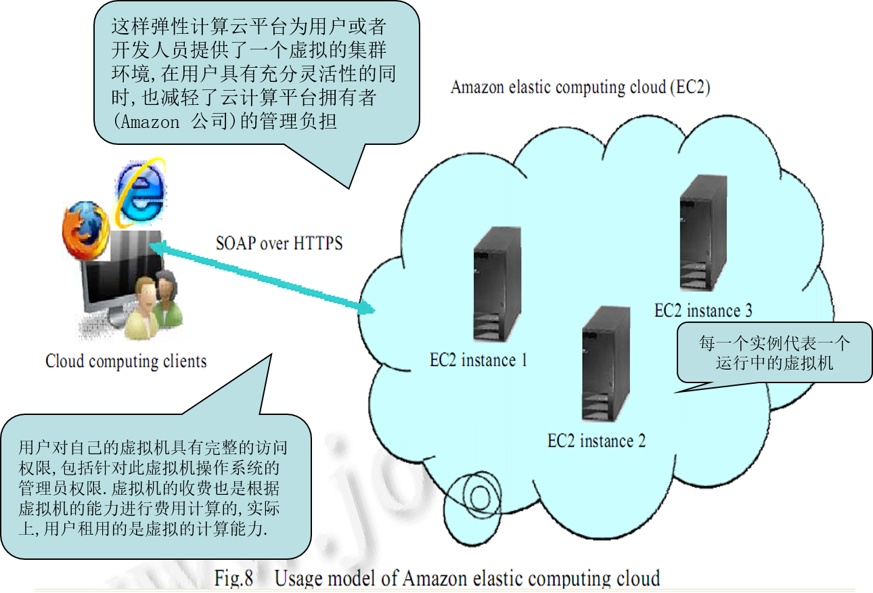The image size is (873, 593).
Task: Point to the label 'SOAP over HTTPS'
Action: (x=279, y=243)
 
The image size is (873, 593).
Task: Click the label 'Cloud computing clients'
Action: (x=126, y=361)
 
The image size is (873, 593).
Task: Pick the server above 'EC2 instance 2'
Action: (x=606, y=366)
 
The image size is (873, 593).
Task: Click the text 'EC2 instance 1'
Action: (x=478, y=360)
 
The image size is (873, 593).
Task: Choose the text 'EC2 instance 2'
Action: (x=596, y=441)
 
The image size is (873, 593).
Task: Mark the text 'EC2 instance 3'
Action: (x=703, y=311)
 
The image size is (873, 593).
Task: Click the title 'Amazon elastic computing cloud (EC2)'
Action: (x=580, y=87)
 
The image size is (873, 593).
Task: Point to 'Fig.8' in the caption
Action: (x=233, y=579)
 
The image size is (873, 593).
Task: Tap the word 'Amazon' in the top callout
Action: (x=147, y=123)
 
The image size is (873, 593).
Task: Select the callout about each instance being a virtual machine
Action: (x=774, y=352)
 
